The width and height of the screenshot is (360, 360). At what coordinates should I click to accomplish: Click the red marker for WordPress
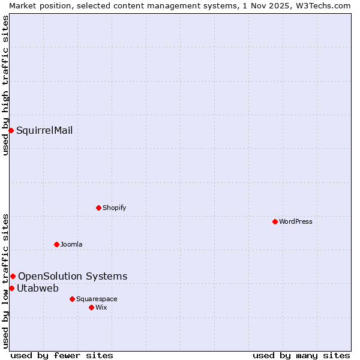[x=275, y=221]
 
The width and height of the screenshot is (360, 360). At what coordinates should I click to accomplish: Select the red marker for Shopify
[x=98, y=208]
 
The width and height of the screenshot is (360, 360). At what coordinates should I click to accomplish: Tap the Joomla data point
[x=56, y=244]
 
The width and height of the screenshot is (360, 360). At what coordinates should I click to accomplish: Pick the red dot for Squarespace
[x=72, y=299]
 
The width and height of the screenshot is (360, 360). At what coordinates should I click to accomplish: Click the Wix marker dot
[x=91, y=307]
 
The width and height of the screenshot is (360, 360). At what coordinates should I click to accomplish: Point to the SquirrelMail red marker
[x=11, y=130]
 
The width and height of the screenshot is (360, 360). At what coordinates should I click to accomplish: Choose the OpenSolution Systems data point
[x=13, y=276]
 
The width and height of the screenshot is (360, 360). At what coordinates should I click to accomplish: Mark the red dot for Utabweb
[x=11, y=288]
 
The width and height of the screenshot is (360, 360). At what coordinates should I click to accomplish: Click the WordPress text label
[x=296, y=221]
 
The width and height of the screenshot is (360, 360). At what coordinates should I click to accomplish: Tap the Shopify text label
[x=114, y=208]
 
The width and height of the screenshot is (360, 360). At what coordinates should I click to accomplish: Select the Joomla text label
[x=71, y=244]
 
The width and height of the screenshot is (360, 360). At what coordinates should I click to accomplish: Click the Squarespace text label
[x=97, y=299]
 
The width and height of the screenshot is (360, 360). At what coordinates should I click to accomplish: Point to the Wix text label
[x=101, y=307]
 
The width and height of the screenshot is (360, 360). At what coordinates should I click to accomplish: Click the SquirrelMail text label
[x=44, y=130]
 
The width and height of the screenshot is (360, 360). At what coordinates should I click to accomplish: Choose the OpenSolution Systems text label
[x=73, y=276]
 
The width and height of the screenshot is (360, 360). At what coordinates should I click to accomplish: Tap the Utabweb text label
[x=38, y=288]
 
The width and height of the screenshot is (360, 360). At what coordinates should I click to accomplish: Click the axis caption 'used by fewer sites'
[x=62, y=355]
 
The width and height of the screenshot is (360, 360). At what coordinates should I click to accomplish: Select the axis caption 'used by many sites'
[x=301, y=355]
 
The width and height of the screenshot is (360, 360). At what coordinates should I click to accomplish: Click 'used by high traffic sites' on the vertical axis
[x=5, y=85]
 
